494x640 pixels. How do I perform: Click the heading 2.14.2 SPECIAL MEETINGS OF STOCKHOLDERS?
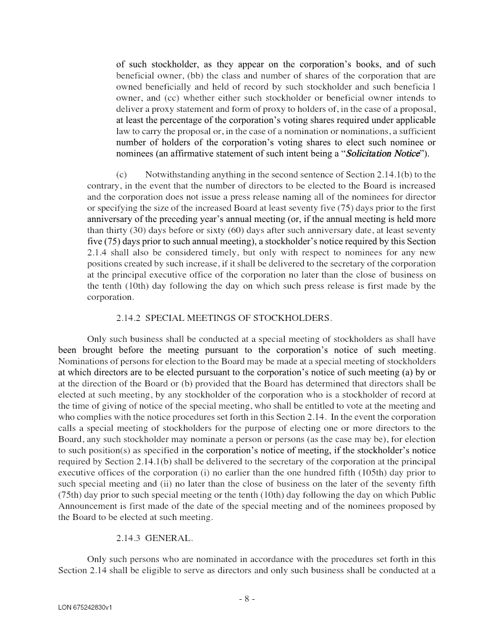[224, 318]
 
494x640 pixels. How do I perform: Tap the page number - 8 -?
[246, 599]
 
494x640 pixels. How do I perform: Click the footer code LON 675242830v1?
[85, 608]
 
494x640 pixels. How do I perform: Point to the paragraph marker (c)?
[122, 174]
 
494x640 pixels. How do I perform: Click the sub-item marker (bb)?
[196, 75]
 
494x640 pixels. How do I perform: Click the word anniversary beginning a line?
[108, 219]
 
